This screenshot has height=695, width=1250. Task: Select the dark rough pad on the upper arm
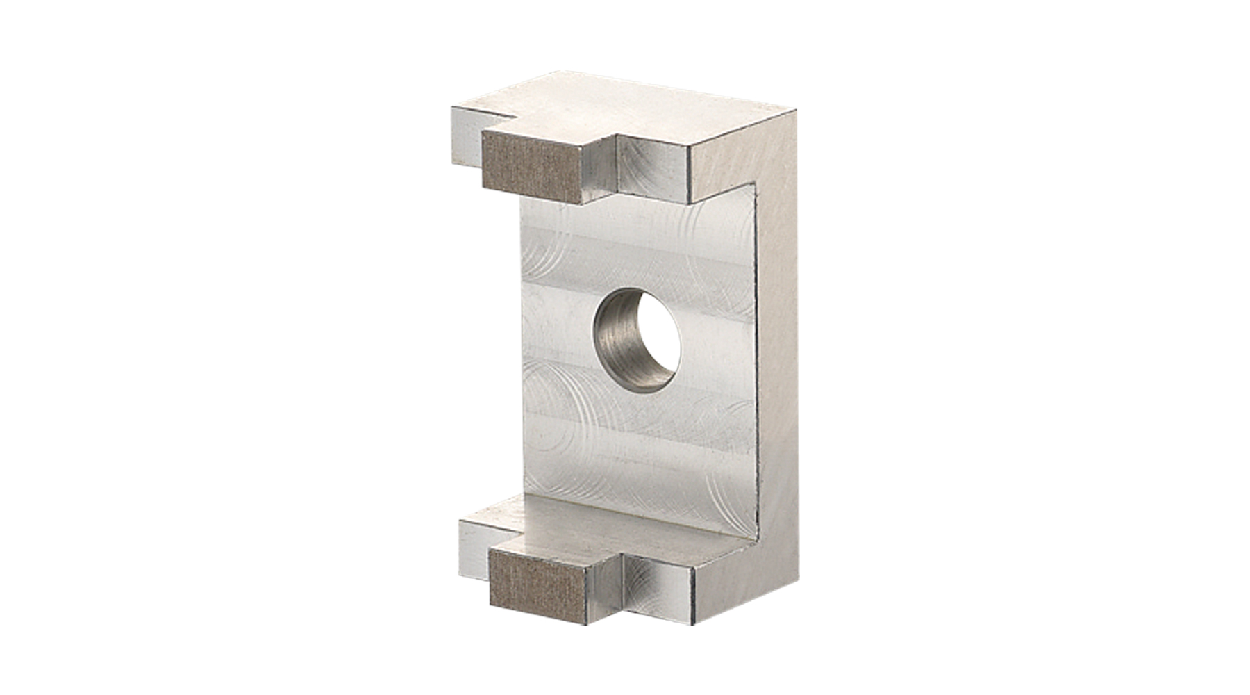pyautogui.click(x=530, y=170)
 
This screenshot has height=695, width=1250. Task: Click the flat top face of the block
pyautogui.click(x=625, y=115)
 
